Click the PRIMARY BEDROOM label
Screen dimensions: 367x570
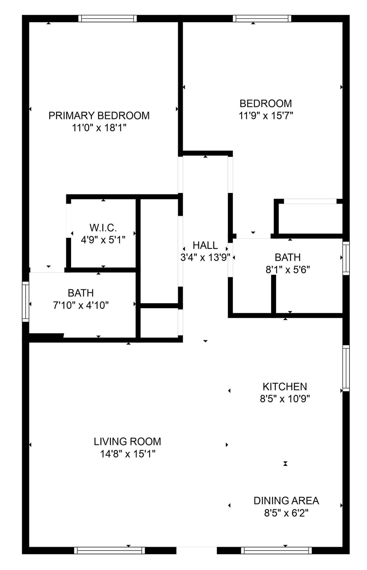pyautogui.click(x=99, y=116)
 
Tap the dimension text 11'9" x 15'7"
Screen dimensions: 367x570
pyautogui.click(x=266, y=116)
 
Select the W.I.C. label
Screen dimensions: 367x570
pyautogui.click(x=103, y=228)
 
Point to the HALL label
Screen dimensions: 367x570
pyautogui.click(x=205, y=245)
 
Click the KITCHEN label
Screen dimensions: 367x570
pyautogui.click(x=285, y=387)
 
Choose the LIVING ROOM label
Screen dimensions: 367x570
pyautogui.click(x=127, y=441)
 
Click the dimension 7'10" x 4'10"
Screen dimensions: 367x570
pyautogui.click(x=81, y=305)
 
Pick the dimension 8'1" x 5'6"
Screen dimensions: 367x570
pyautogui.click(x=288, y=269)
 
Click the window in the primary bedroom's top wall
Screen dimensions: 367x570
pyautogui.click(x=107, y=19)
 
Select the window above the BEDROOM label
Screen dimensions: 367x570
pyautogui.click(x=262, y=19)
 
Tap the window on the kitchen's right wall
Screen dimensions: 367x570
pyautogui.click(x=346, y=368)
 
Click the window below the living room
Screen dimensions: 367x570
pyautogui.click(x=110, y=550)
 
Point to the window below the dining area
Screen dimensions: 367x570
pyautogui.click(x=276, y=550)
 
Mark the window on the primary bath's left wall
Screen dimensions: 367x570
pyautogui.click(x=26, y=302)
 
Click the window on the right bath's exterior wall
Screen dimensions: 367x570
pyautogui.click(x=346, y=258)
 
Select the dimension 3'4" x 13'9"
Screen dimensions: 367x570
pyautogui.click(x=205, y=258)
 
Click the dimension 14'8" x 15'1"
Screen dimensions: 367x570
pyautogui.click(x=128, y=454)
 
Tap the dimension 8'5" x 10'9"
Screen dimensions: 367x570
pyautogui.click(x=285, y=399)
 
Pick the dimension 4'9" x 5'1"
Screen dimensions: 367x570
pyautogui.click(x=103, y=240)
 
